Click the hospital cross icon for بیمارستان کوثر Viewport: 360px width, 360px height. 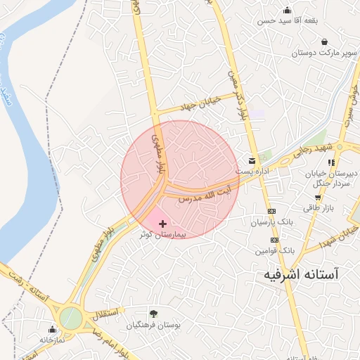pyautogui.click(x=163, y=223)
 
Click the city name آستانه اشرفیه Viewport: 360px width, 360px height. pyautogui.click(x=301, y=274)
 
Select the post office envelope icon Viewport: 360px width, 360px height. pyautogui.click(x=252, y=161)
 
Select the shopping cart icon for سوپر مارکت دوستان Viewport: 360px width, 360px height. pyautogui.click(x=324, y=41)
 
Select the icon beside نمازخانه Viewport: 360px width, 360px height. pyautogui.click(x=51, y=328)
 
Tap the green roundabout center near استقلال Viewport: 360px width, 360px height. pyautogui.click(x=70, y=319)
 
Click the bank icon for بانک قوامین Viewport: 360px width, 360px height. pyautogui.click(x=274, y=240)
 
